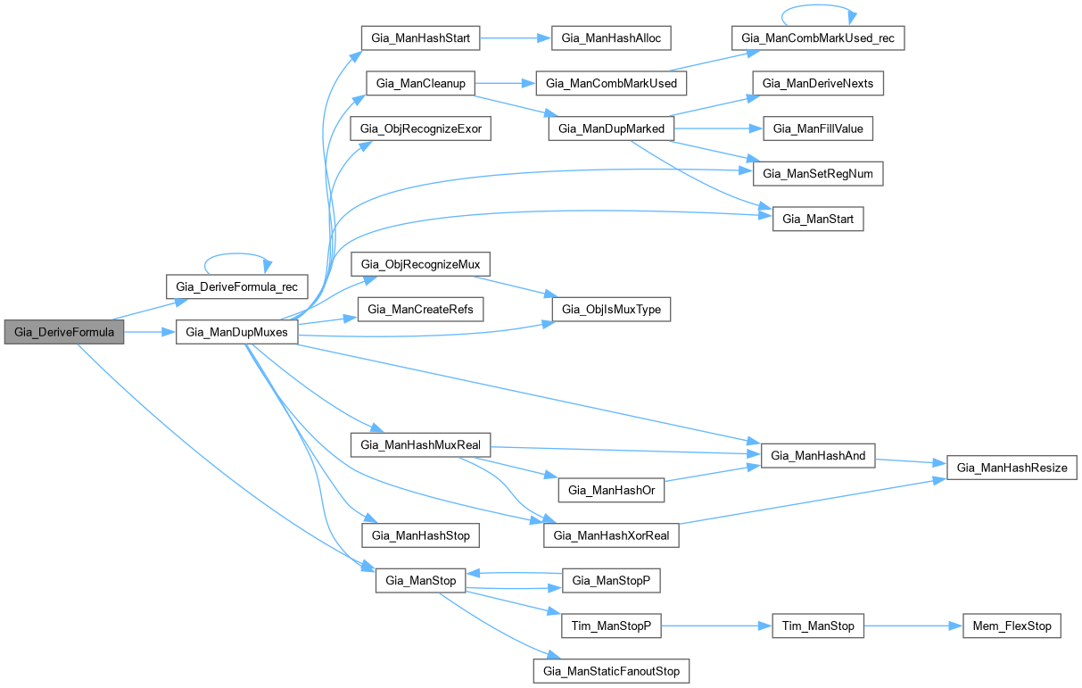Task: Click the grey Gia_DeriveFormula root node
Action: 63,333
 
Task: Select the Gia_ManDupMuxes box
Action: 235,333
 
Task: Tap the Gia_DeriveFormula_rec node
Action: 237,286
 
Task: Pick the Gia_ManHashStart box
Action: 421,37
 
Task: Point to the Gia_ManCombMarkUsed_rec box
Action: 818,38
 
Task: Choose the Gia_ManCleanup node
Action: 419,83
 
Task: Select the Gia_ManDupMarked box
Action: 611,128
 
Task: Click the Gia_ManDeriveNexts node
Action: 818,83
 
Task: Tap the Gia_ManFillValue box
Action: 818,128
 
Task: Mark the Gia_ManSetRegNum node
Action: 818,173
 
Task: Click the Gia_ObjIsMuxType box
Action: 611,310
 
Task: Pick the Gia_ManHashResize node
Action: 1012,467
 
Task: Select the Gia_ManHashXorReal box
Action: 611,535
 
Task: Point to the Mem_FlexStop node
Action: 1012,626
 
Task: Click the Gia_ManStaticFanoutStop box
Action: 611,670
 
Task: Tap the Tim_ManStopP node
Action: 611,626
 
